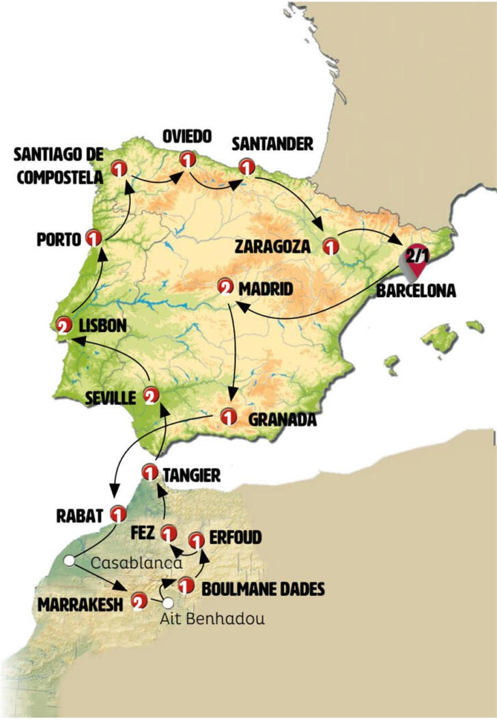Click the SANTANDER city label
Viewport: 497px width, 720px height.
[x=272, y=144]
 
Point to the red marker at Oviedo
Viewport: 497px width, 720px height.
[x=186, y=159]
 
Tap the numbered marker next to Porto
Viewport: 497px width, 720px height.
[x=94, y=238]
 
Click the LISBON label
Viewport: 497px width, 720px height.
[x=102, y=326]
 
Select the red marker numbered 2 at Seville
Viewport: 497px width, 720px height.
[x=151, y=395]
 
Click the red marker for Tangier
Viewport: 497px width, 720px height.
[x=151, y=471]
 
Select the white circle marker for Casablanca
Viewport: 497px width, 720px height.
[x=69, y=561]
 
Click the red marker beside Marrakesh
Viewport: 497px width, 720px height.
[x=139, y=601]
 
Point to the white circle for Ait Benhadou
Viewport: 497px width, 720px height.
[x=167, y=603]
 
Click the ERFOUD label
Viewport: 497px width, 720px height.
[x=236, y=538]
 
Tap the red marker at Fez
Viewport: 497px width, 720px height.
[x=168, y=532]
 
